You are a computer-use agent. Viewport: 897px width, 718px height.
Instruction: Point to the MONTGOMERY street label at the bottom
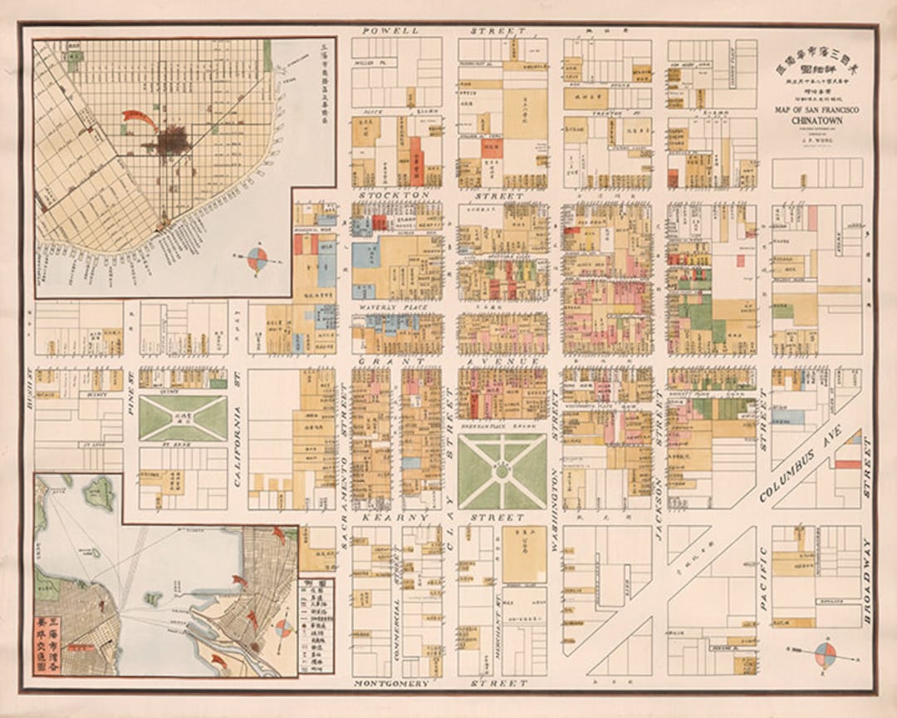point(390,683)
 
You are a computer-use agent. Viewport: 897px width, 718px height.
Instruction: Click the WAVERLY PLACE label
point(382,308)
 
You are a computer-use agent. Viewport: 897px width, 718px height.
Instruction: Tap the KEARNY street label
point(390,517)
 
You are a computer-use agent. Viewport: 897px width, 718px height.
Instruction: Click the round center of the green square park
point(502,471)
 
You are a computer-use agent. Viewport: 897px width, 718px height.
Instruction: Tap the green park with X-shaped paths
point(183,418)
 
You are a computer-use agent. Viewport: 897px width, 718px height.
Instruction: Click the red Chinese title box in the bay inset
point(49,645)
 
